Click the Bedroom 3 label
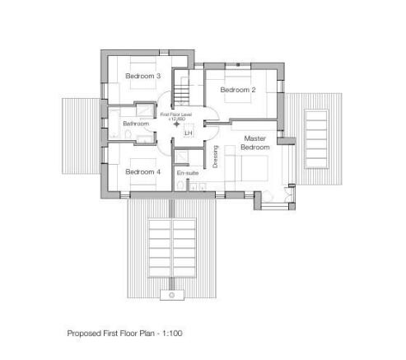click(x=143, y=77)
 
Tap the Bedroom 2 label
click(x=238, y=89)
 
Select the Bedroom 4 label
click(x=142, y=172)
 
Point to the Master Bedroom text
click(x=255, y=142)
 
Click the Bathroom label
click(x=135, y=124)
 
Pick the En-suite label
click(x=187, y=173)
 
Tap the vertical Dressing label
click(x=216, y=157)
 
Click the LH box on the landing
click(x=188, y=133)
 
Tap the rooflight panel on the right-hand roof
click(x=315, y=138)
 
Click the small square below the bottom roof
click(x=171, y=293)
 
